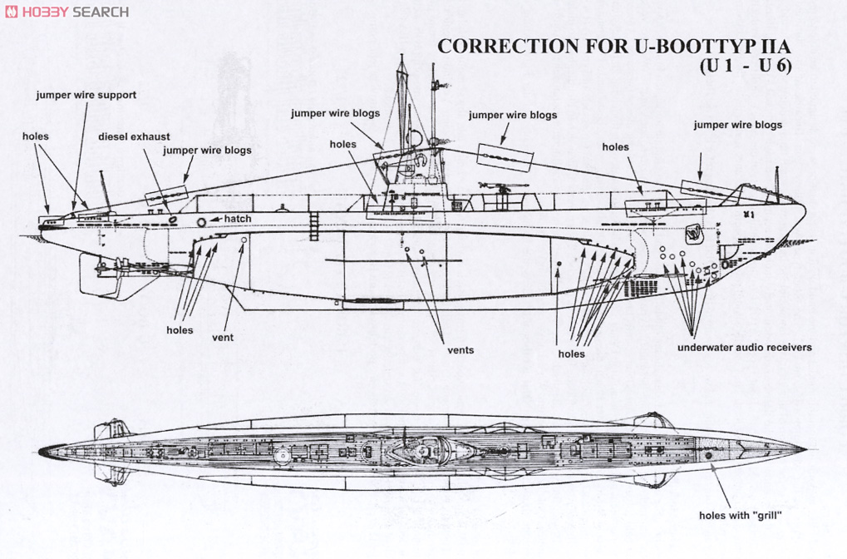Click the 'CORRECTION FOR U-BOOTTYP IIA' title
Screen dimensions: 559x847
click(x=614, y=47)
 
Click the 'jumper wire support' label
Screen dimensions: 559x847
click(x=86, y=95)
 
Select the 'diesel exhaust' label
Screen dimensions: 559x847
click(x=134, y=136)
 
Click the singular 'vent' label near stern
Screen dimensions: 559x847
click(x=223, y=337)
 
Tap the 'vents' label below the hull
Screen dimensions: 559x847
click(x=460, y=349)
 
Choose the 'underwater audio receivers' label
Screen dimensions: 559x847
click(x=744, y=347)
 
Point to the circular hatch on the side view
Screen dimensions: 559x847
click(x=202, y=222)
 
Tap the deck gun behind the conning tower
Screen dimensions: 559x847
click(x=504, y=189)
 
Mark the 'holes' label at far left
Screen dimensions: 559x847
click(x=36, y=136)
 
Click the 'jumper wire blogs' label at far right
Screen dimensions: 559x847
click(x=737, y=125)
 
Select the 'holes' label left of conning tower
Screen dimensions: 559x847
click(x=342, y=144)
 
